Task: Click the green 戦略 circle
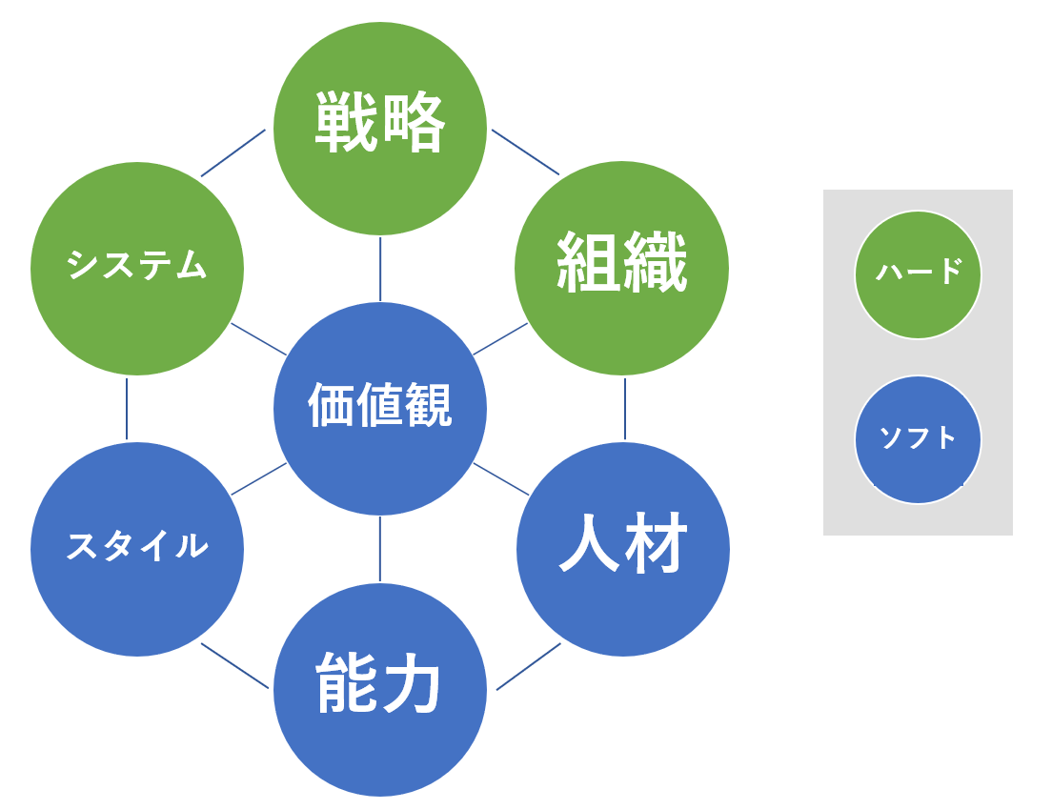(380, 129)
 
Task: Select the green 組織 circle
(621, 269)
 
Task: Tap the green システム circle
(137, 269)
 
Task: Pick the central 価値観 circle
(380, 409)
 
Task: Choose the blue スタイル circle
(137, 549)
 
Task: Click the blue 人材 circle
(622, 549)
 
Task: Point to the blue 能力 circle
(380, 690)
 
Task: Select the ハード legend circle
(918, 274)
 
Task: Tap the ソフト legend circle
(918, 439)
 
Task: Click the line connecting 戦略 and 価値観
(380, 269)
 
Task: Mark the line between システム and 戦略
(233, 153)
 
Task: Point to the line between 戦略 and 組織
(525, 152)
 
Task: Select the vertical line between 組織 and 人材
(625, 409)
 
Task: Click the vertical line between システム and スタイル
(127, 409)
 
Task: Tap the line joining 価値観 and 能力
(380, 548)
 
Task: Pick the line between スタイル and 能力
(234, 666)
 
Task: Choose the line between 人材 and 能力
(529, 666)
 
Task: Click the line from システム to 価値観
(258, 339)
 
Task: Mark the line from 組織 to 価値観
(500, 339)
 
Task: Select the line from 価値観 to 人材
(501, 479)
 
